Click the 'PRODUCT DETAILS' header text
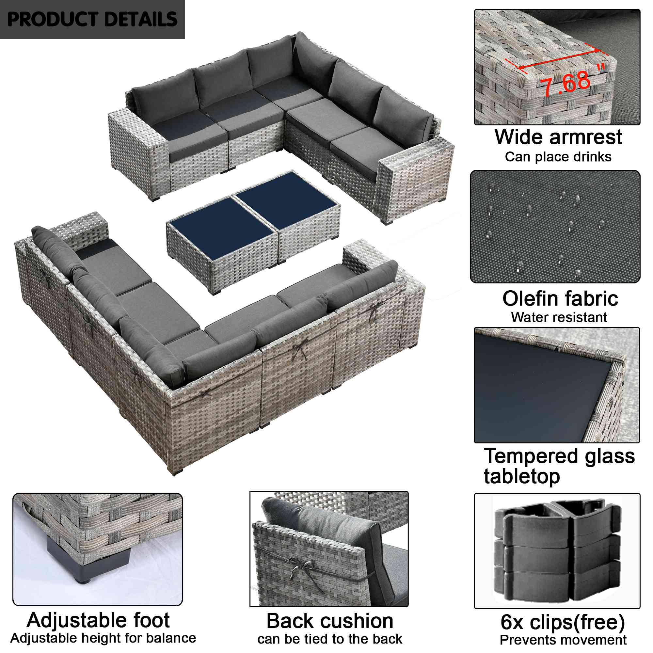click(x=92, y=19)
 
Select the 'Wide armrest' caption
click(x=558, y=137)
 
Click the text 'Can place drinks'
click(x=558, y=157)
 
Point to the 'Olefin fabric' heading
click(x=560, y=298)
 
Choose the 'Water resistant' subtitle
click(x=559, y=317)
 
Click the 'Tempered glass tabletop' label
click(x=559, y=467)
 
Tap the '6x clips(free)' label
click(x=563, y=622)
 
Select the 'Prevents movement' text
click(x=563, y=640)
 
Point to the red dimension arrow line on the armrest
click(x=559, y=59)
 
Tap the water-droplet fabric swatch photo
click(x=555, y=227)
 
